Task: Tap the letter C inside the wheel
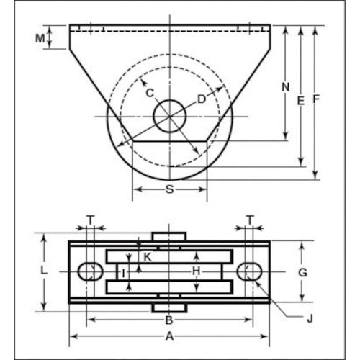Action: click(x=149, y=92)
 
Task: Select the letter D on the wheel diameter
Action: click(x=202, y=98)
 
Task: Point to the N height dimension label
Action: click(x=284, y=87)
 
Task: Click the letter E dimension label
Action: click(x=300, y=102)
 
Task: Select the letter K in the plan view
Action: click(x=148, y=256)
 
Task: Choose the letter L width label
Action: click(x=44, y=270)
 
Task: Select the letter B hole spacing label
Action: click(x=168, y=320)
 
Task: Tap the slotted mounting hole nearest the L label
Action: click(x=89, y=271)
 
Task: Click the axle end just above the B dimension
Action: click(x=170, y=307)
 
